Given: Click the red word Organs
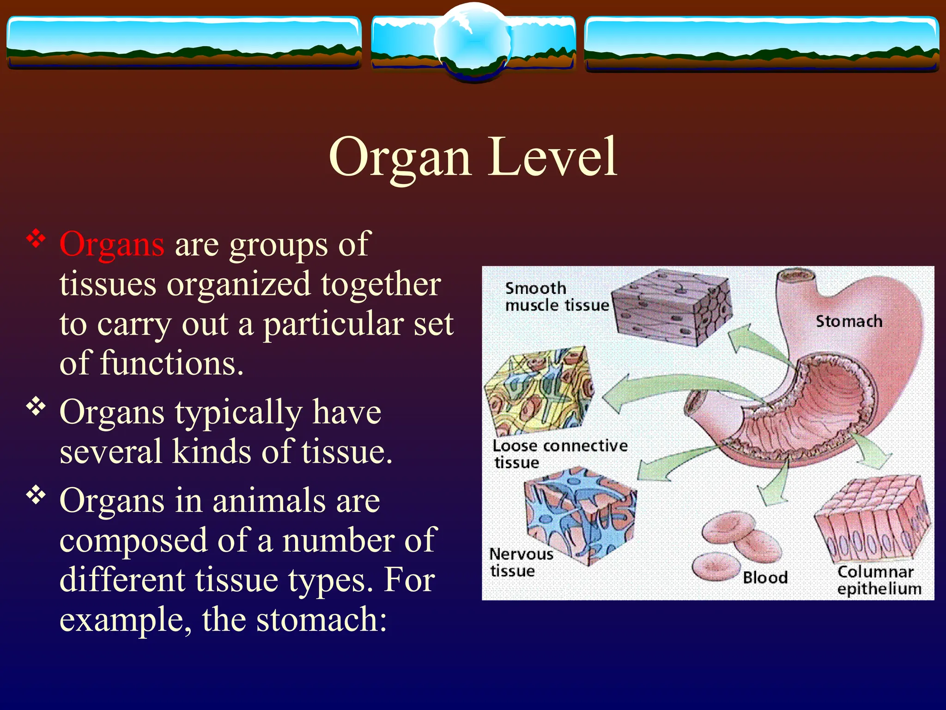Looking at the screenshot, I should pos(112,245).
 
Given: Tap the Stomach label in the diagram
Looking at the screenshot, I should pos(849,321).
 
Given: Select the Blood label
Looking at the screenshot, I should pos(765,577).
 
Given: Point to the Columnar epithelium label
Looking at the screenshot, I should pos(879,580).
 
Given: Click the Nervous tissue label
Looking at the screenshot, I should pos(520,562).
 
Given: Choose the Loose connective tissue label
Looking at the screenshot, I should pos(559,453).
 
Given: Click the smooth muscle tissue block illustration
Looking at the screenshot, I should pos(672,307).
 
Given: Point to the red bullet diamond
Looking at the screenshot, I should pos(36,239).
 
